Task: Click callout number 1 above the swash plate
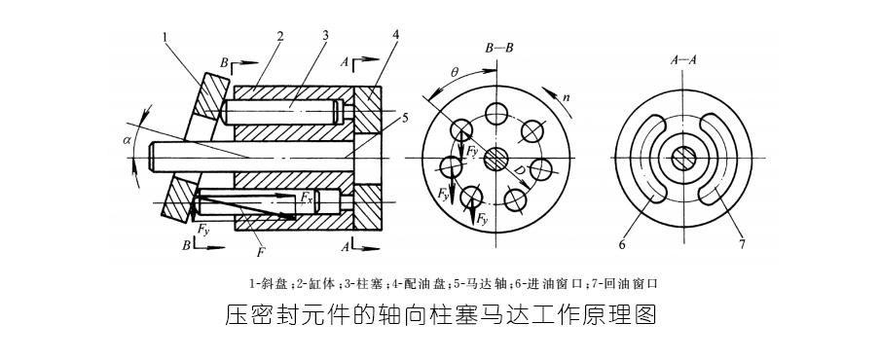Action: (166, 38)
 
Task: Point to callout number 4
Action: (396, 35)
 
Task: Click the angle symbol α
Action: (127, 140)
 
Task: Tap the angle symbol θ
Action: (454, 71)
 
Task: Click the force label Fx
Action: (307, 198)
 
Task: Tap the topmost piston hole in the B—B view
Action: (498, 110)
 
